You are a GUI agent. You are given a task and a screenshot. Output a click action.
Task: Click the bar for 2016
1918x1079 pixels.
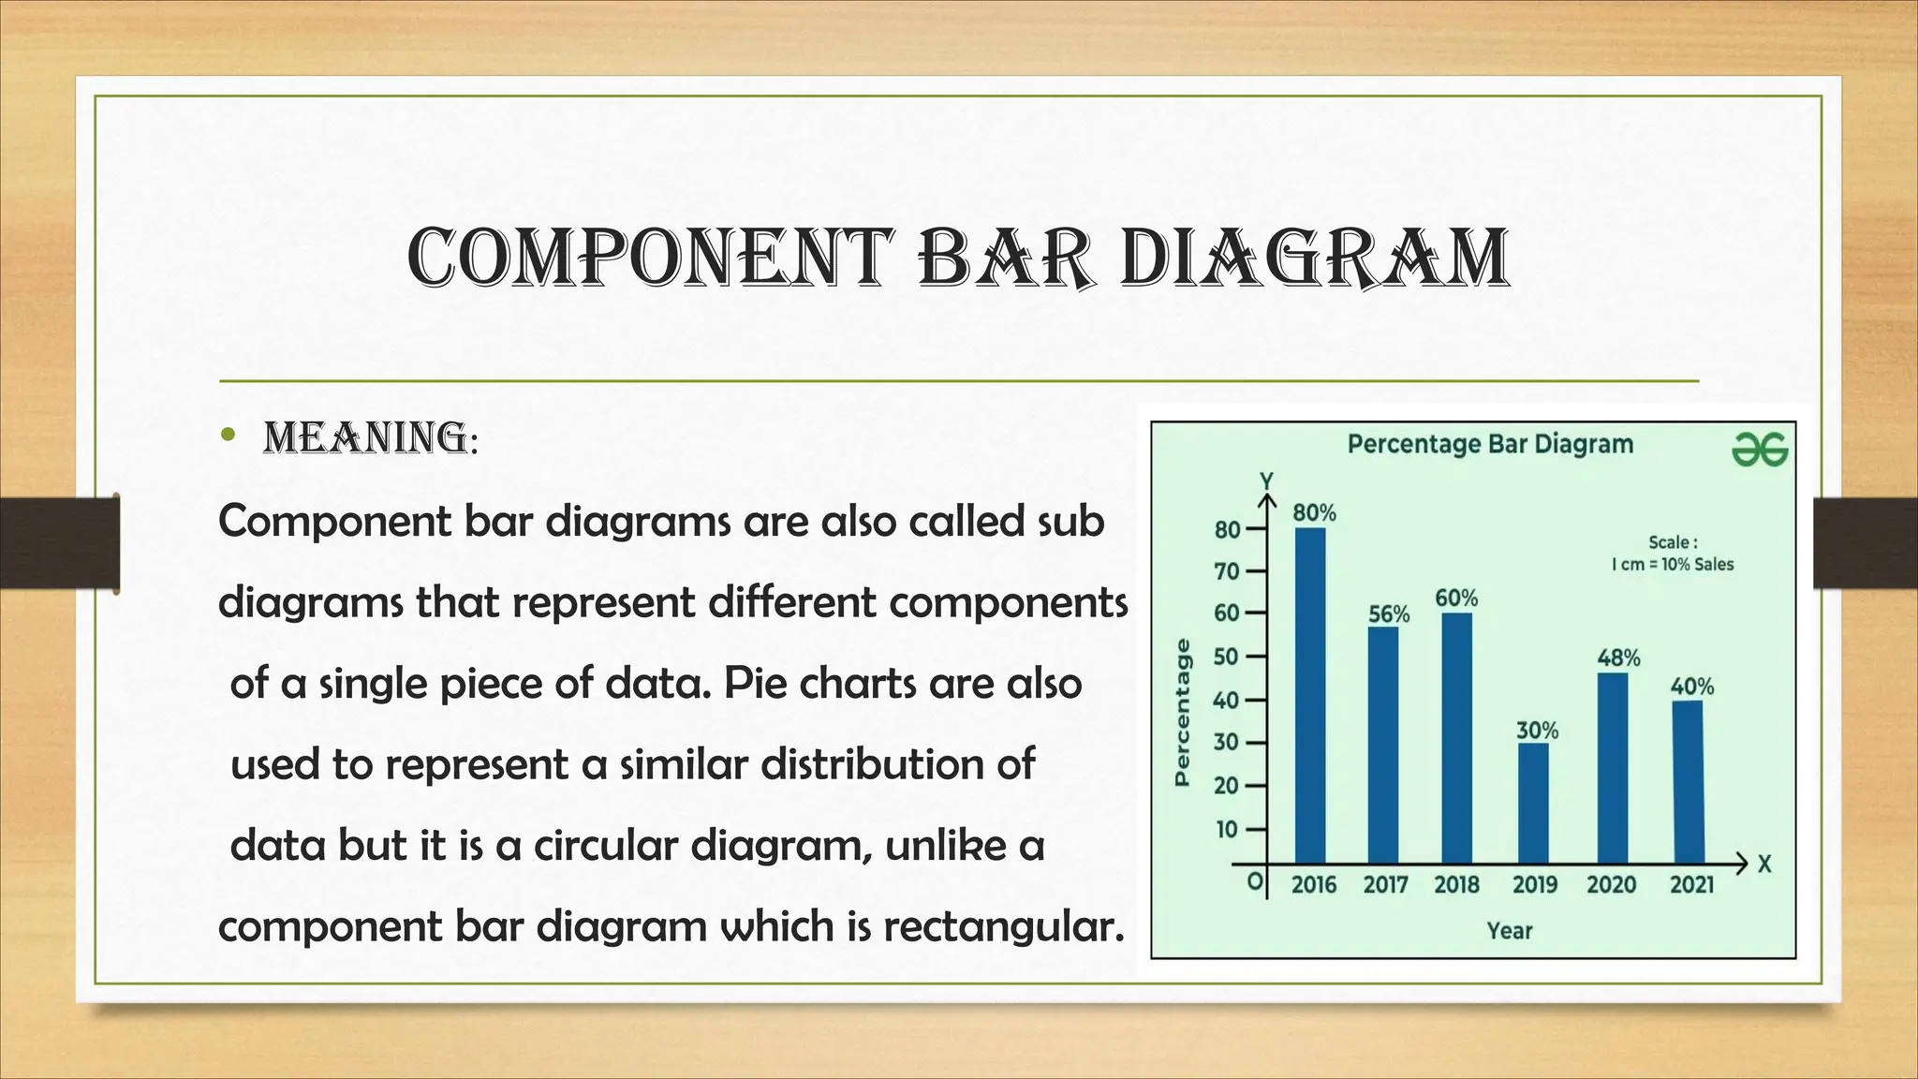(x=1310, y=695)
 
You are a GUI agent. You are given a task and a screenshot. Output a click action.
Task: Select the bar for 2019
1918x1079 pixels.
(x=1533, y=803)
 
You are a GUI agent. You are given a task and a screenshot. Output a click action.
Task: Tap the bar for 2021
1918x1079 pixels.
(x=1688, y=782)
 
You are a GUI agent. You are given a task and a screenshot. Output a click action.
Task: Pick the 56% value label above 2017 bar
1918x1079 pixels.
(x=1389, y=614)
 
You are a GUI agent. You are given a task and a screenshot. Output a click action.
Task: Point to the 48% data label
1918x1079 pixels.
(x=1618, y=658)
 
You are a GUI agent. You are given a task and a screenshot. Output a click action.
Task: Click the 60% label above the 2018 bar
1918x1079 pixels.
(x=1456, y=598)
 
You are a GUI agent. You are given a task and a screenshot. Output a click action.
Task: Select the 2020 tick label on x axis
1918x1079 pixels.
(x=1611, y=885)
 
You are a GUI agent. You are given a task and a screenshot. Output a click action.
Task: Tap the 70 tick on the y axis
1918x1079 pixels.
(x=1227, y=571)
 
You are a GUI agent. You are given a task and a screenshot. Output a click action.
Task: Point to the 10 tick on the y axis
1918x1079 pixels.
(x=1227, y=830)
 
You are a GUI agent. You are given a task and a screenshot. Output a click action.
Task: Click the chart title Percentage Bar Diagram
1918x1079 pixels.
(x=1490, y=444)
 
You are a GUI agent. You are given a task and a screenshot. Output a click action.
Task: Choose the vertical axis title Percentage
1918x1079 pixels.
(x=1183, y=712)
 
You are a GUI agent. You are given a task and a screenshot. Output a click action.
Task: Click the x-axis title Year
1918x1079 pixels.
(x=1510, y=931)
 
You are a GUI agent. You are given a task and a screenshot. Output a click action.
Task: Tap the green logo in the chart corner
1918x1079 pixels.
(x=1760, y=451)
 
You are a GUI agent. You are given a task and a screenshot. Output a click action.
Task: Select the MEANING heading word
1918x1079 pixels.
(x=366, y=438)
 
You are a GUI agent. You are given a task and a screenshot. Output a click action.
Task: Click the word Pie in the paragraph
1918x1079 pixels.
(x=752, y=683)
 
